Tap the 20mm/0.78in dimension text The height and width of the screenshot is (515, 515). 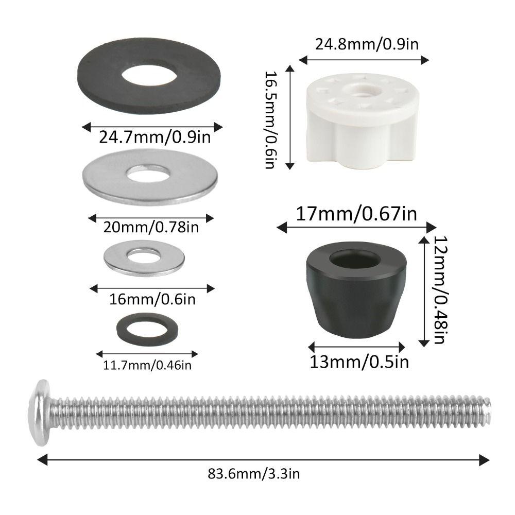pos(151,226)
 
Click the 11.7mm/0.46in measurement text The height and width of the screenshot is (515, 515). pos(148,365)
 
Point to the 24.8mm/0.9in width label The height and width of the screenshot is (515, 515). pos(366,44)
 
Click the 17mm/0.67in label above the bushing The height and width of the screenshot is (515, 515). pos(356,214)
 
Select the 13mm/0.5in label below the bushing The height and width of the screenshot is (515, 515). pos(359,362)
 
